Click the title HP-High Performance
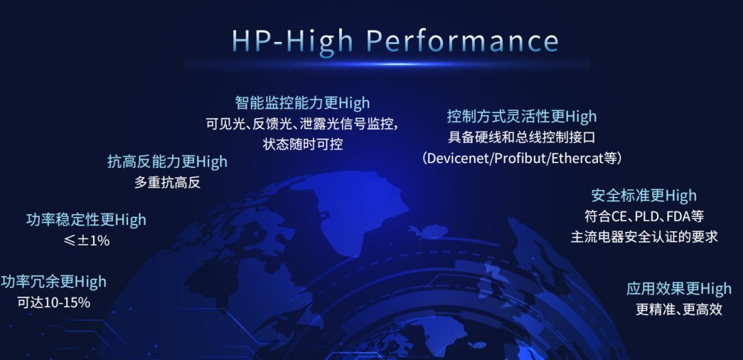pyautogui.click(x=395, y=41)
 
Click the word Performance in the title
pyautogui.click(x=462, y=41)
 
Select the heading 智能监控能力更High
pyautogui.click(x=302, y=103)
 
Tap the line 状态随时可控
pyautogui.click(x=302, y=144)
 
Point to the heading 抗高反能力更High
pyautogui.click(x=167, y=162)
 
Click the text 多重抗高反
pyautogui.click(x=167, y=182)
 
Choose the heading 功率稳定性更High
pyautogui.click(x=86, y=220)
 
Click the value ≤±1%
pyautogui.click(x=86, y=241)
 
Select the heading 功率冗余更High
pyautogui.click(x=53, y=282)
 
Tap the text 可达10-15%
pyautogui.click(x=54, y=302)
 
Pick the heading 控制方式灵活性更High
pyautogui.click(x=521, y=116)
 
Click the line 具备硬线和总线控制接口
pyautogui.click(x=521, y=138)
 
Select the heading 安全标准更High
pyautogui.click(x=644, y=195)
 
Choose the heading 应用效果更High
pyautogui.click(x=679, y=288)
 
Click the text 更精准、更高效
pyautogui.click(x=679, y=309)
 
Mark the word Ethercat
pyautogui.click(x=578, y=158)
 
